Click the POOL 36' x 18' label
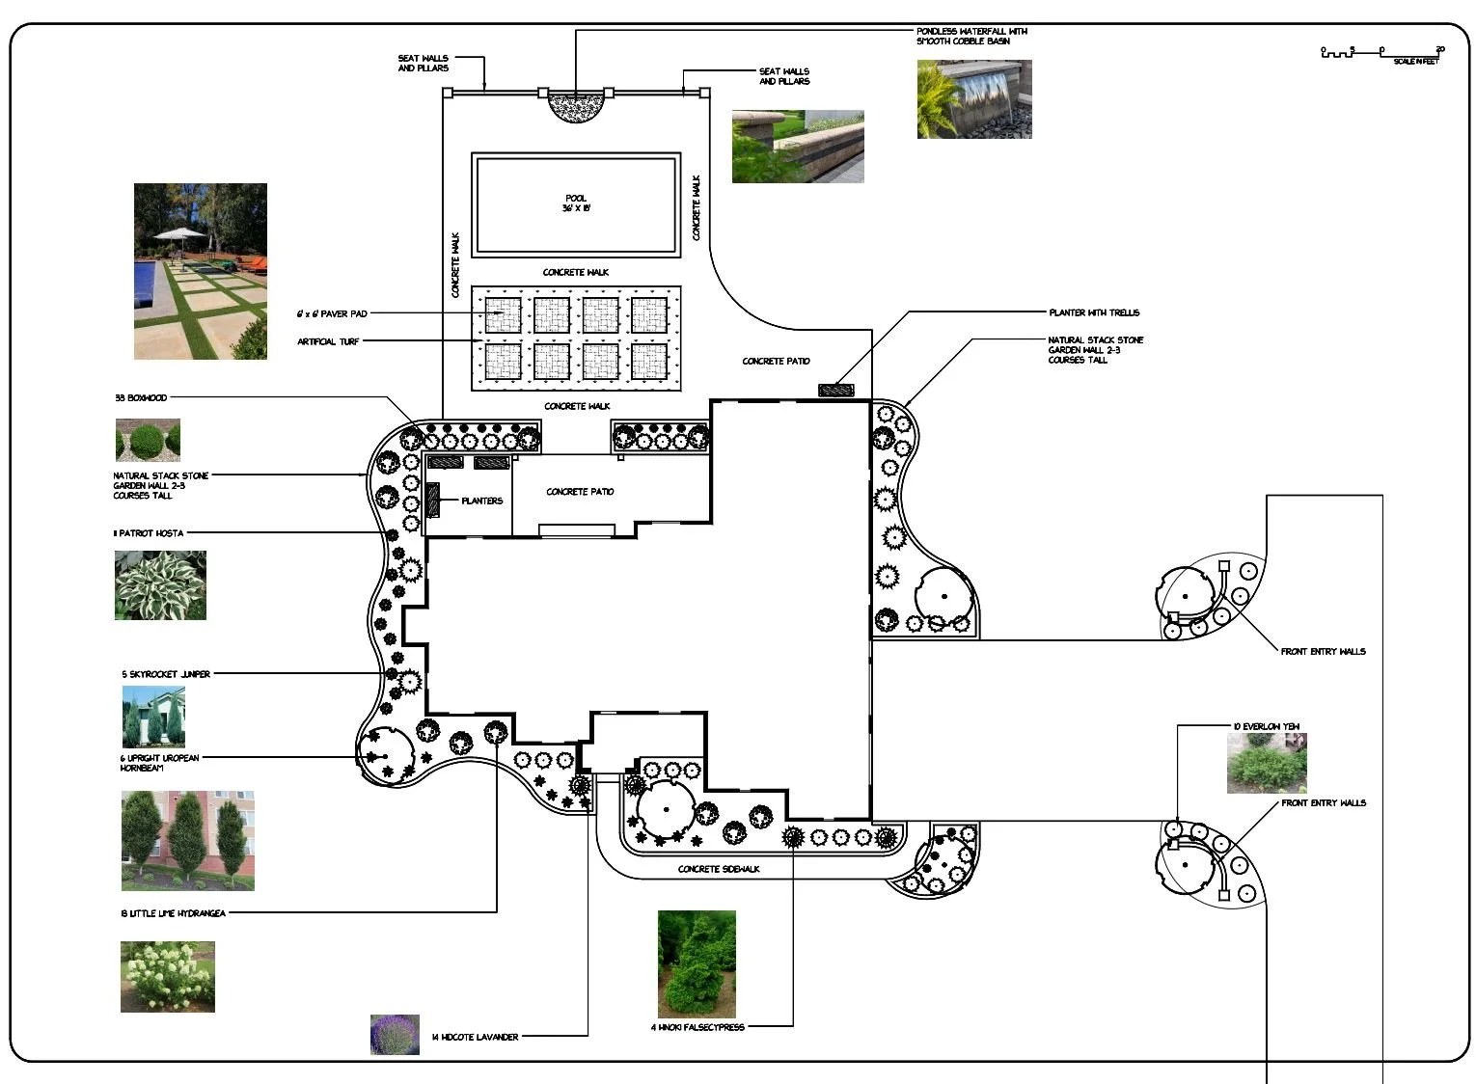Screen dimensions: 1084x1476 coord(576,203)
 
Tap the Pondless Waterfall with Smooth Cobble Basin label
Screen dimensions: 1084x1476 coord(971,37)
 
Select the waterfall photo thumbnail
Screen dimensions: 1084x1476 coord(974,99)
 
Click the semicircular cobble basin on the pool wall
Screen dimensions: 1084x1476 coord(575,104)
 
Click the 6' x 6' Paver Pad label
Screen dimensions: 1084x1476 coord(332,313)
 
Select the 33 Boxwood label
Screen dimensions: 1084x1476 coord(141,397)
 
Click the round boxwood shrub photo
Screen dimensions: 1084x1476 coord(148,441)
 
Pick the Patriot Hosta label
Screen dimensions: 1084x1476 coord(149,532)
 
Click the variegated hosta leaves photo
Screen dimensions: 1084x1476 coord(160,585)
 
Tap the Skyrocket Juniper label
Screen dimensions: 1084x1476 coord(166,674)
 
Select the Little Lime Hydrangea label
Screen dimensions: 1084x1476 coord(174,912)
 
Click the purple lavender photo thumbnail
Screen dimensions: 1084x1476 coord(395,1034)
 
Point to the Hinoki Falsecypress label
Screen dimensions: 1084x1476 coord(697,1027)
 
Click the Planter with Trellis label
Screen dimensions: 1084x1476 coord(1094,312)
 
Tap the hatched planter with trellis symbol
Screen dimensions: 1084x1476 coord(836,391)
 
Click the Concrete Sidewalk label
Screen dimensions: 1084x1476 coord(719,869)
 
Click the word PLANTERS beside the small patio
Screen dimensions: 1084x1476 coord(481,501)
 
